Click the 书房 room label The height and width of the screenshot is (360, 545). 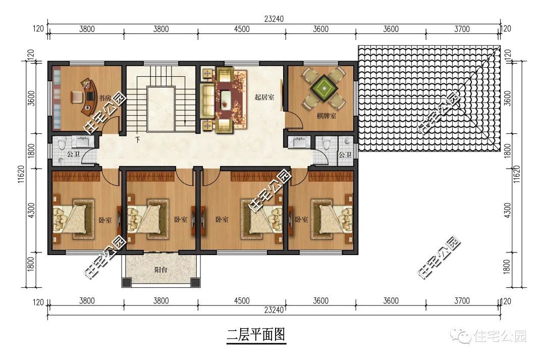pos(104,98)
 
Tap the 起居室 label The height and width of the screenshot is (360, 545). pos(264,97)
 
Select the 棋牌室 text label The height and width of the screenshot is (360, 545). pos(327,117)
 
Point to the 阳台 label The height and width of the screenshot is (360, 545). pos(160,270)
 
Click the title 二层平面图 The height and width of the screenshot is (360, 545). pos(256,334)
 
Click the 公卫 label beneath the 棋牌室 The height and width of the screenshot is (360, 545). pos(345,155)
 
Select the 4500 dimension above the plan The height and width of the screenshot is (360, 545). pos(242,29)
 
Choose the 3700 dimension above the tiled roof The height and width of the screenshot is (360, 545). pos(462,29)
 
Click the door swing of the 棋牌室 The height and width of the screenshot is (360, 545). pos(294,121)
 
